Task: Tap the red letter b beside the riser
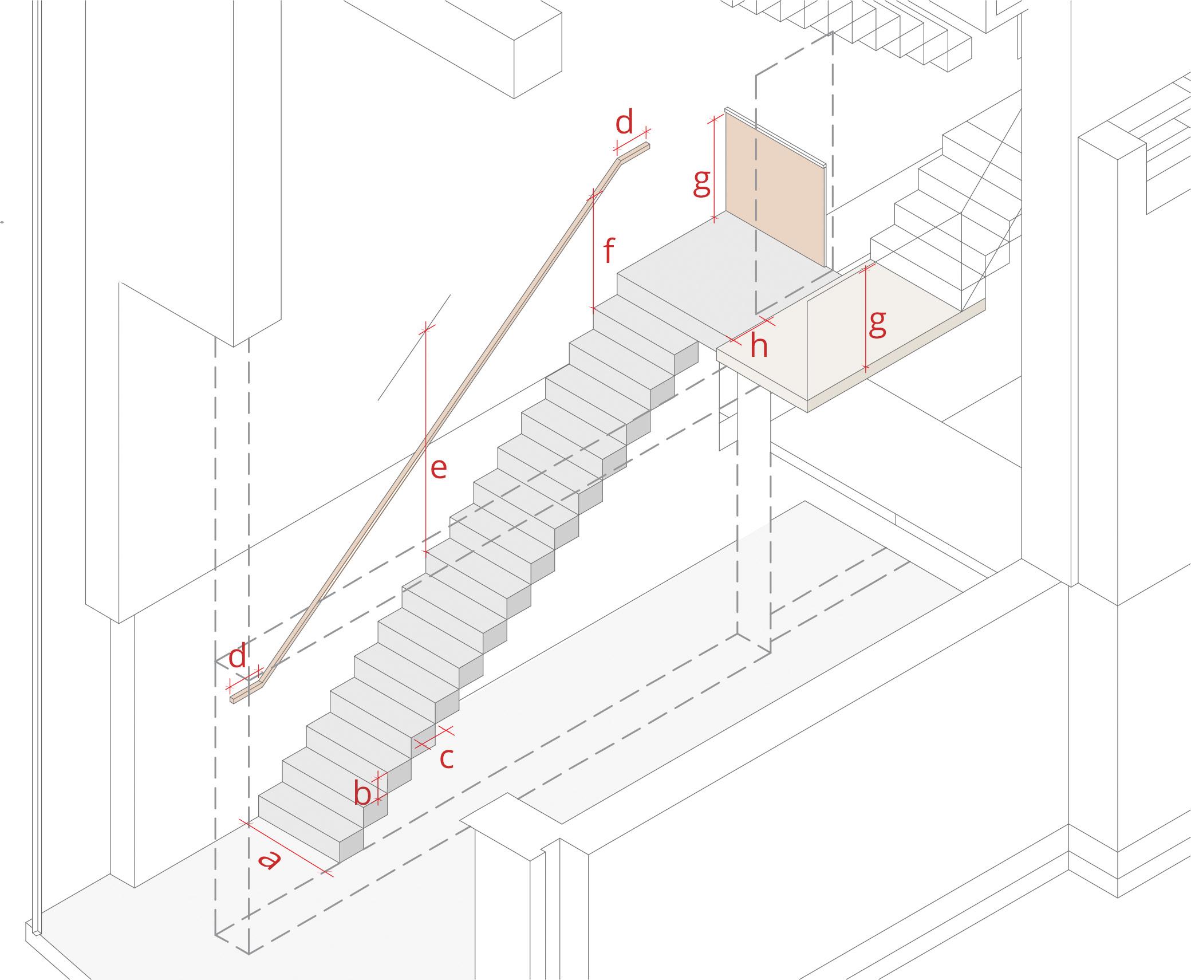coord(362,793)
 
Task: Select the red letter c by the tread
coord(447,758)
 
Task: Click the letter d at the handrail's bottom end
coord(238,656)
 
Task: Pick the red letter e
coord(438,469)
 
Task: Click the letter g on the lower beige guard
coord(877,324)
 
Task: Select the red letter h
coord(759,347)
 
